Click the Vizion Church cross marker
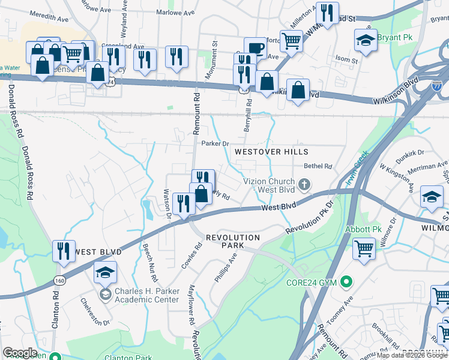click(x=304, y=184)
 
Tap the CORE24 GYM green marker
click(x=346, y=281)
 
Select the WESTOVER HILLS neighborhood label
click(x=271, y=152)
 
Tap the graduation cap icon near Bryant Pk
click(x=364, y=40)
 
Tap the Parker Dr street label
click(x=215, y=143)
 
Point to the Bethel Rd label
click(x=318, y=166)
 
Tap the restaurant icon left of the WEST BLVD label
click(x=63, y=251)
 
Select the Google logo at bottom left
click(x=20, y=352)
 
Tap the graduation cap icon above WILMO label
click(x=431, y=196)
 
